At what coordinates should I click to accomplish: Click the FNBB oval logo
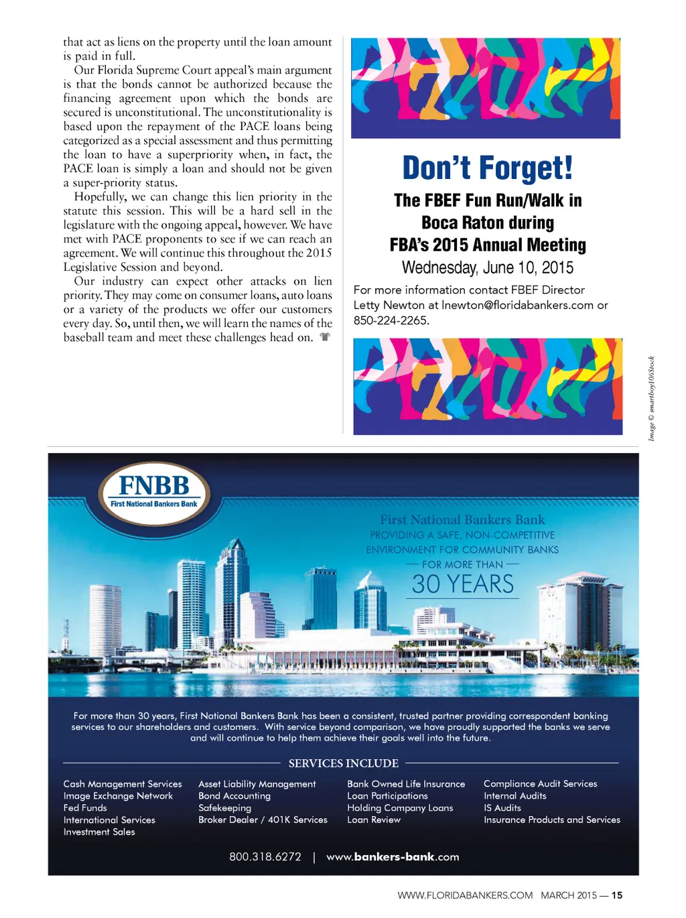[154, 493]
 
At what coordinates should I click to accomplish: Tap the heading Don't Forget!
[487, 168]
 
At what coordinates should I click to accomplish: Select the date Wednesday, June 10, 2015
[487, 268]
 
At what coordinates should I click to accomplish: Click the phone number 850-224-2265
[391, 320]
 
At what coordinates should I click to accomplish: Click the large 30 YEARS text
[462, 584]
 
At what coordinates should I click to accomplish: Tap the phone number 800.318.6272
[265, 856]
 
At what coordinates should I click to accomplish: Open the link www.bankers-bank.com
[393, 856]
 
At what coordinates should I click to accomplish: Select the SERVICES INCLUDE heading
[343, 763]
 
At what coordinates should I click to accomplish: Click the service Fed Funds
[85, 808]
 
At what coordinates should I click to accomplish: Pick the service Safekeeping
[224, 808]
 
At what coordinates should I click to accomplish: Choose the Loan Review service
[374, 819]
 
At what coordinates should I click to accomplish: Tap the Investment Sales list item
[99, 832]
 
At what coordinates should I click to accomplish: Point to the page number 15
[617, 895]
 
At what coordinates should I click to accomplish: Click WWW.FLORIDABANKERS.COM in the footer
[465, 895]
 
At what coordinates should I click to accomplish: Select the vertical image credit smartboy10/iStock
[651, 399]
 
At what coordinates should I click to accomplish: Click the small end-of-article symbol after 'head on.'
[325, 337]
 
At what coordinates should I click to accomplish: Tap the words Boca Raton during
[487, 222]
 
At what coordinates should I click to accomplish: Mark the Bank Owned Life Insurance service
[406, 784]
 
